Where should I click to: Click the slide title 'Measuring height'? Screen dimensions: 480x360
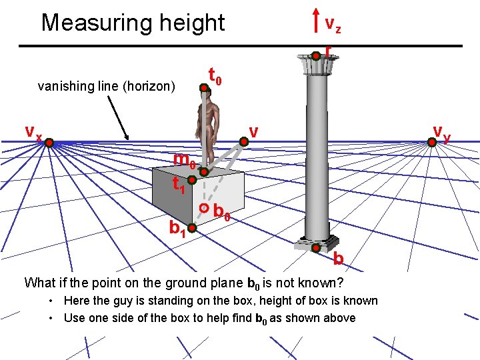133,23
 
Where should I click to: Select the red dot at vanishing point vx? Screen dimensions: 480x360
49,141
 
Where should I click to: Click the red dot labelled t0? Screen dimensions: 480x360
203,86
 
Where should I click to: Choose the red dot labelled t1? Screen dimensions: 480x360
191,181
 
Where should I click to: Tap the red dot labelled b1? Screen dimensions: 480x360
191,229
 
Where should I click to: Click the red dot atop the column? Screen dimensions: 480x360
316,56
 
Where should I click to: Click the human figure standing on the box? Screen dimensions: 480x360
209,127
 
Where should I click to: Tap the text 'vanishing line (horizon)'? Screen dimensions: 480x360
107,86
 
